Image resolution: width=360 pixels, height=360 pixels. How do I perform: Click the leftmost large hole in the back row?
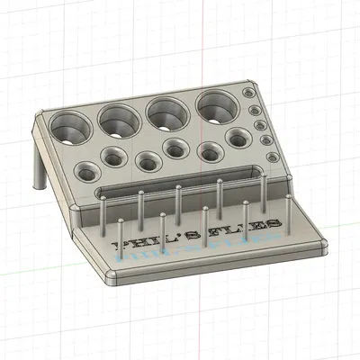[x=71, y=128]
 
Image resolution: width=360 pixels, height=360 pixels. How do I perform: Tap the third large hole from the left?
[x=167, y=112]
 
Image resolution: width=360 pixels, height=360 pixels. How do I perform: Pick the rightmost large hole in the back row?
[x=216, y=106]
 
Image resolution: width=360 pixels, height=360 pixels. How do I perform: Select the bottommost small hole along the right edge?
[x=270, y=157]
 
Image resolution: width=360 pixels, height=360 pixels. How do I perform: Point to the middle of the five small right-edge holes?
[x=259, y=123]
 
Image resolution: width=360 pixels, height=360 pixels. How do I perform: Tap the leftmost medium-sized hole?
[x=86, y=171]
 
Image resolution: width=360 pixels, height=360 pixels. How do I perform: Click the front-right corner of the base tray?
[x=321, y=245]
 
